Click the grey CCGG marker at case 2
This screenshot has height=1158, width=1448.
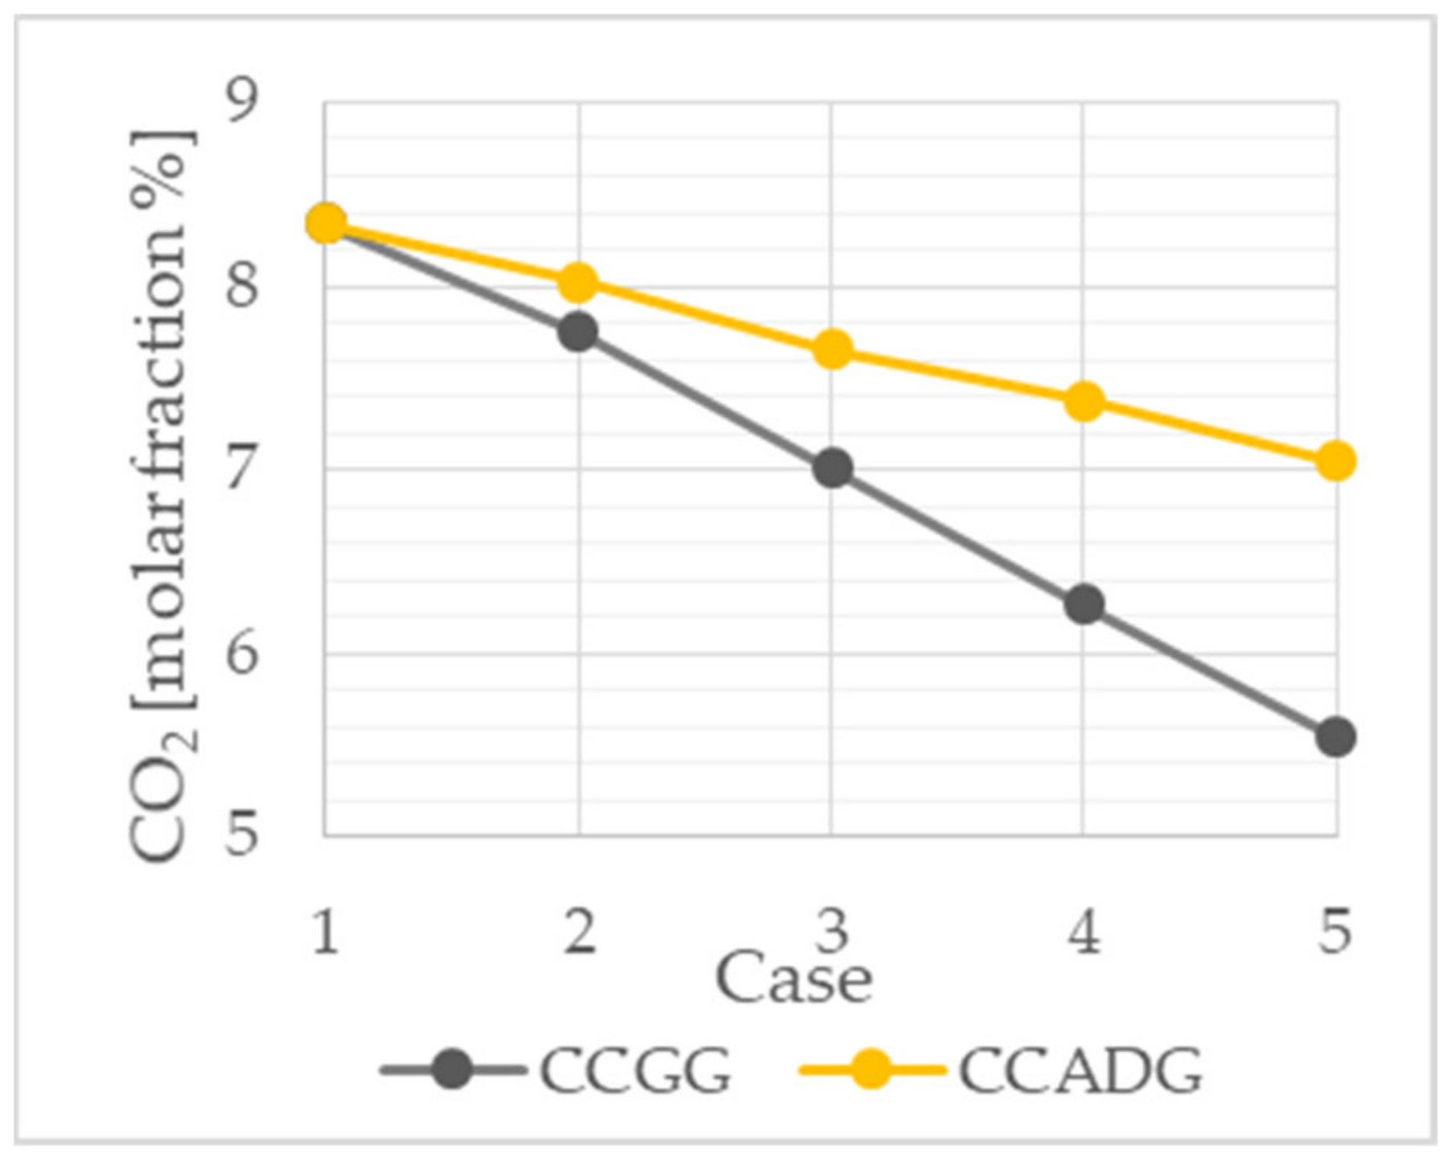click(577, 332)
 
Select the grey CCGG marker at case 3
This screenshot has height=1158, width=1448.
click(832, 469)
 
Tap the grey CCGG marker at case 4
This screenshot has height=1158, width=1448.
click(1085, 604)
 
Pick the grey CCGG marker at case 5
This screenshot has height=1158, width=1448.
click(1335, 737)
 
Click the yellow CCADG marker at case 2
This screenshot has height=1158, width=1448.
click(577, 282)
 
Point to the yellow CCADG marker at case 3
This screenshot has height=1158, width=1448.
click(832, 349)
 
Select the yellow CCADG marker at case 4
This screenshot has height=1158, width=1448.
click(1085, 401)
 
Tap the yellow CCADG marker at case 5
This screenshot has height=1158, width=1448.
click(1335, 461)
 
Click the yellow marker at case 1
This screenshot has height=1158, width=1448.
click(326, 224)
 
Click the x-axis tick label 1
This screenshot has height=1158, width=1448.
click(326, 931)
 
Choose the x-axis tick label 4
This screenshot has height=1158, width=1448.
click(1084, 931)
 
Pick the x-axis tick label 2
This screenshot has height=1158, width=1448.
click(579, 931)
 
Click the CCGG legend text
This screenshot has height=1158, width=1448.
click(635, 1070)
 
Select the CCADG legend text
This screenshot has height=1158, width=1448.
click(1080, 1070)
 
